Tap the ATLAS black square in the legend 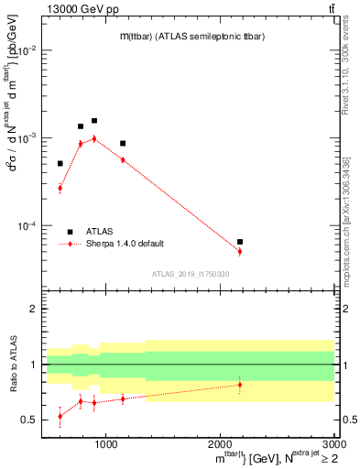[x=70, y=231]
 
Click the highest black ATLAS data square [x=93, y=121]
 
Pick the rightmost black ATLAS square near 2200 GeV [x=240, y=242]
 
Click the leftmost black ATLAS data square [x=60, y=164]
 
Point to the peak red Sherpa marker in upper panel [x=93, y=139]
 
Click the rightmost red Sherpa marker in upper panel [x=240, y=251]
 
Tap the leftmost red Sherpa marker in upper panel [x=60, y=189]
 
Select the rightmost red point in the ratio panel [x=240, y=385]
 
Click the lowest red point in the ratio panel [x=60, y=416]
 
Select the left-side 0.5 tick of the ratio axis [x=32, y=420]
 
